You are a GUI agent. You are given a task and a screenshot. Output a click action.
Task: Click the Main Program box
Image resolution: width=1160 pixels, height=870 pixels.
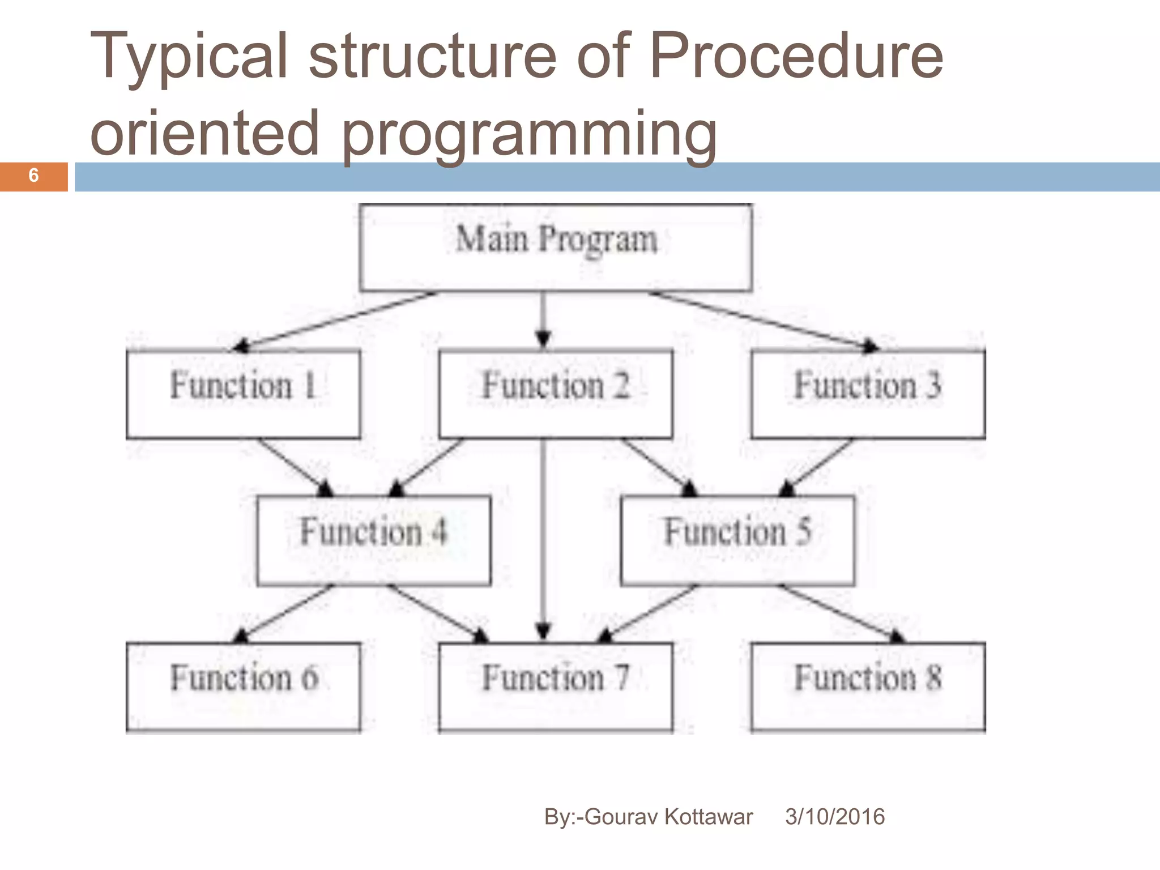coord(556,248)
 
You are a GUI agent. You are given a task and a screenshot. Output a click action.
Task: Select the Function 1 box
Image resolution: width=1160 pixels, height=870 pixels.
coord(243,394)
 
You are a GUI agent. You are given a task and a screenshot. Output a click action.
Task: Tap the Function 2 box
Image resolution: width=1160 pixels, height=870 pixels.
coord(556,394)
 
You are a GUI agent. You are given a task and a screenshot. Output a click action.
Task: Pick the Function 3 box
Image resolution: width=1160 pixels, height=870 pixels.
coord(868,394)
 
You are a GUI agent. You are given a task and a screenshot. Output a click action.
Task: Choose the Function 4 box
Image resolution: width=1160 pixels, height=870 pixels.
coord(374,540)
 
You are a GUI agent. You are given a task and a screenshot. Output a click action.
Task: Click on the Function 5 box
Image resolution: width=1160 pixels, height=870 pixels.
coord(737,540)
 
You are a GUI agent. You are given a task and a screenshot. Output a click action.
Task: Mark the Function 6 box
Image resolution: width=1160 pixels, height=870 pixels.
coord(243,686)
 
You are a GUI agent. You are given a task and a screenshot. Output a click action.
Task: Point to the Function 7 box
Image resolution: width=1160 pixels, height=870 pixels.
coord(556,686)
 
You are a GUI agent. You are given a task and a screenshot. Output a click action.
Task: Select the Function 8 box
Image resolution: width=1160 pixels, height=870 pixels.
coord(868,686)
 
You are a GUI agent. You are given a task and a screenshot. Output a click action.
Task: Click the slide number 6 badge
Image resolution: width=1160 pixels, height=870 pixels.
coord(33,176)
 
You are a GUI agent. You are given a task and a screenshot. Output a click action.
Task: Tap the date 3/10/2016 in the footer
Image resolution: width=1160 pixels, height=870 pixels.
coord(834,817)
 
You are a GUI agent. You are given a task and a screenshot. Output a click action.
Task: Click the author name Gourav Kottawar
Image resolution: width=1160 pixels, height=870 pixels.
coord(668,817)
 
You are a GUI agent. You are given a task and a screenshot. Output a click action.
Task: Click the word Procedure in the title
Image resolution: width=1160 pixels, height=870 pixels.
coord(796,57)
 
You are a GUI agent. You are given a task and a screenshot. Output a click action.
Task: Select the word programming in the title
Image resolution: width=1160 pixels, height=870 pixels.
coord(530,134)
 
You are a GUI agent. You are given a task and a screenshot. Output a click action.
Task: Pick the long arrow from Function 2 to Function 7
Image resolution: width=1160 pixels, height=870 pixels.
coord(543,538)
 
